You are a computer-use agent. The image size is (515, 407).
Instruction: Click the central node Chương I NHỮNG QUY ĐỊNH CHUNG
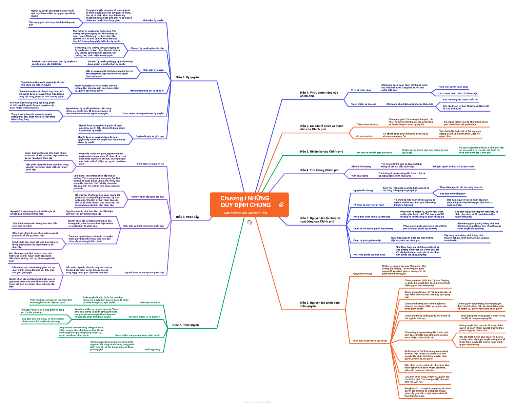pos(245,201)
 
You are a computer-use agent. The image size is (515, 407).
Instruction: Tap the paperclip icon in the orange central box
pos(281,205)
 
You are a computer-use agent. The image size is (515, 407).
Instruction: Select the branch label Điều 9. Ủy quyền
pos(187,77)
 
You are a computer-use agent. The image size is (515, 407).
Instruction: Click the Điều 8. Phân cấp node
pos(187,217)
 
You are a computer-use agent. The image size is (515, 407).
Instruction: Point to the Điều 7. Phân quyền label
pos(185,325)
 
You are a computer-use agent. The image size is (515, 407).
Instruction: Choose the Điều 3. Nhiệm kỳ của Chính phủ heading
pos(321,152)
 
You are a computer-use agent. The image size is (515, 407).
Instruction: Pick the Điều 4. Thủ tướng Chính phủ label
pos(319,170)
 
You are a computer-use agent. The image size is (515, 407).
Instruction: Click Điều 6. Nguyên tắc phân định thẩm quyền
pos(319,304)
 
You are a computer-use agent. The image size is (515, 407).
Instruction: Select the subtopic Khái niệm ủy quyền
pos(153,20)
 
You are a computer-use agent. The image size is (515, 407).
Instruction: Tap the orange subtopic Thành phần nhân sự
pos(367,124)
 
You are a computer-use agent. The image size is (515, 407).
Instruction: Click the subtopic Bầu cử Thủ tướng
pos(361,167)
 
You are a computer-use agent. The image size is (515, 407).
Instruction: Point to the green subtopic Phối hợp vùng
pos(152,349)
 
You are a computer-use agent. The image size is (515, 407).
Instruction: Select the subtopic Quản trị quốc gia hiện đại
pos(367,240)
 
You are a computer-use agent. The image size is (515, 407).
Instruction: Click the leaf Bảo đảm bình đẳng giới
pos(453,194)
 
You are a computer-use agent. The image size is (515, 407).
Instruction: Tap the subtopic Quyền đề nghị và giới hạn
pos(150,136)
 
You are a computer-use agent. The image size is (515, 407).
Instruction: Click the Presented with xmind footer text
pos(257,403)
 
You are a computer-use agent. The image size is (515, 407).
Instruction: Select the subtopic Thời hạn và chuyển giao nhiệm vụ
pos(373,153)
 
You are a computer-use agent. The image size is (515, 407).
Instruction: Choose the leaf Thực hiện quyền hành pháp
pos(453,87)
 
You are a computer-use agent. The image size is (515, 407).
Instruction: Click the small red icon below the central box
pos(249,223)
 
